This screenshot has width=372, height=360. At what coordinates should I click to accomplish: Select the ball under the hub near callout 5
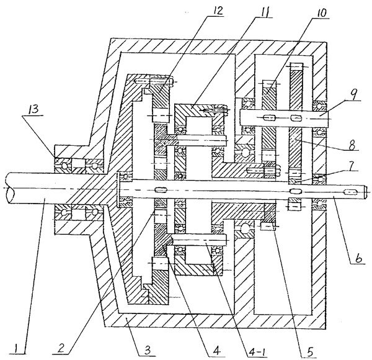click(x=245, y=230)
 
